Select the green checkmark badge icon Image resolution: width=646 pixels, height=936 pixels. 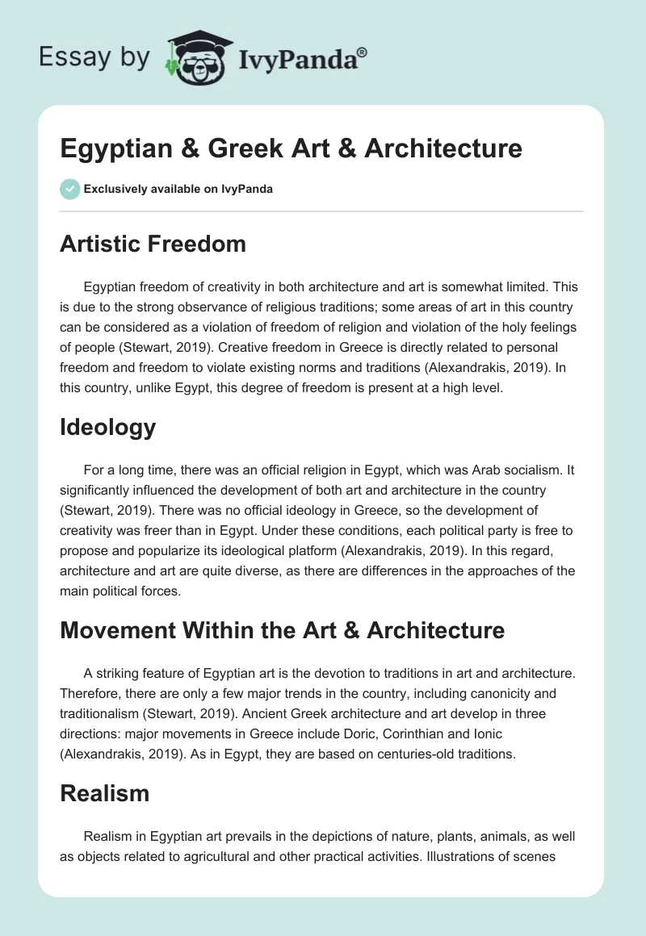69,189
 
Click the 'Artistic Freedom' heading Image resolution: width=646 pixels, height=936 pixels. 153,243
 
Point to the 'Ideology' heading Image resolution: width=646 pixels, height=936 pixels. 107,427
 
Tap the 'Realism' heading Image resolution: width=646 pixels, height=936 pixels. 104,793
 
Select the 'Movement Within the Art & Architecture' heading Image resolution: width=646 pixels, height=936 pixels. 282,630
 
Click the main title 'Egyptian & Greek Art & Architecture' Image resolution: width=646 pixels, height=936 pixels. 291,148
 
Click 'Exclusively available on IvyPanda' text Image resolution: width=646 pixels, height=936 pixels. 178,190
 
